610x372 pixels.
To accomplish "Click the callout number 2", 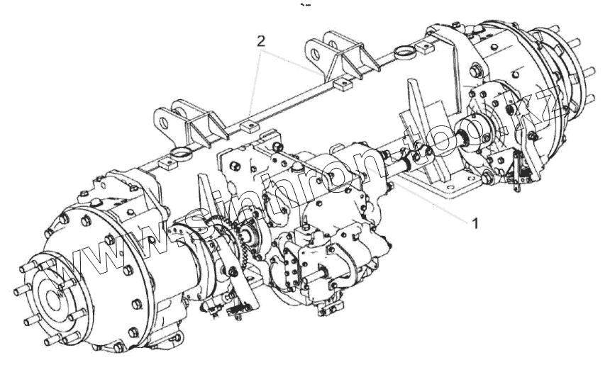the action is (260, 41).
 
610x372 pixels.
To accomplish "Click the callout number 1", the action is (475, 223).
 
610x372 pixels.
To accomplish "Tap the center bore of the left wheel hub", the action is (52, 298).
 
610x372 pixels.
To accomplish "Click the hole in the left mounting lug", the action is (164, 123).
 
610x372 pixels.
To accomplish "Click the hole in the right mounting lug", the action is (315, 54).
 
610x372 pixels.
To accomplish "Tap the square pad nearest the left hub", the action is (166, 163).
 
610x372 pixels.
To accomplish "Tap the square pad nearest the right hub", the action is (423, 47).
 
